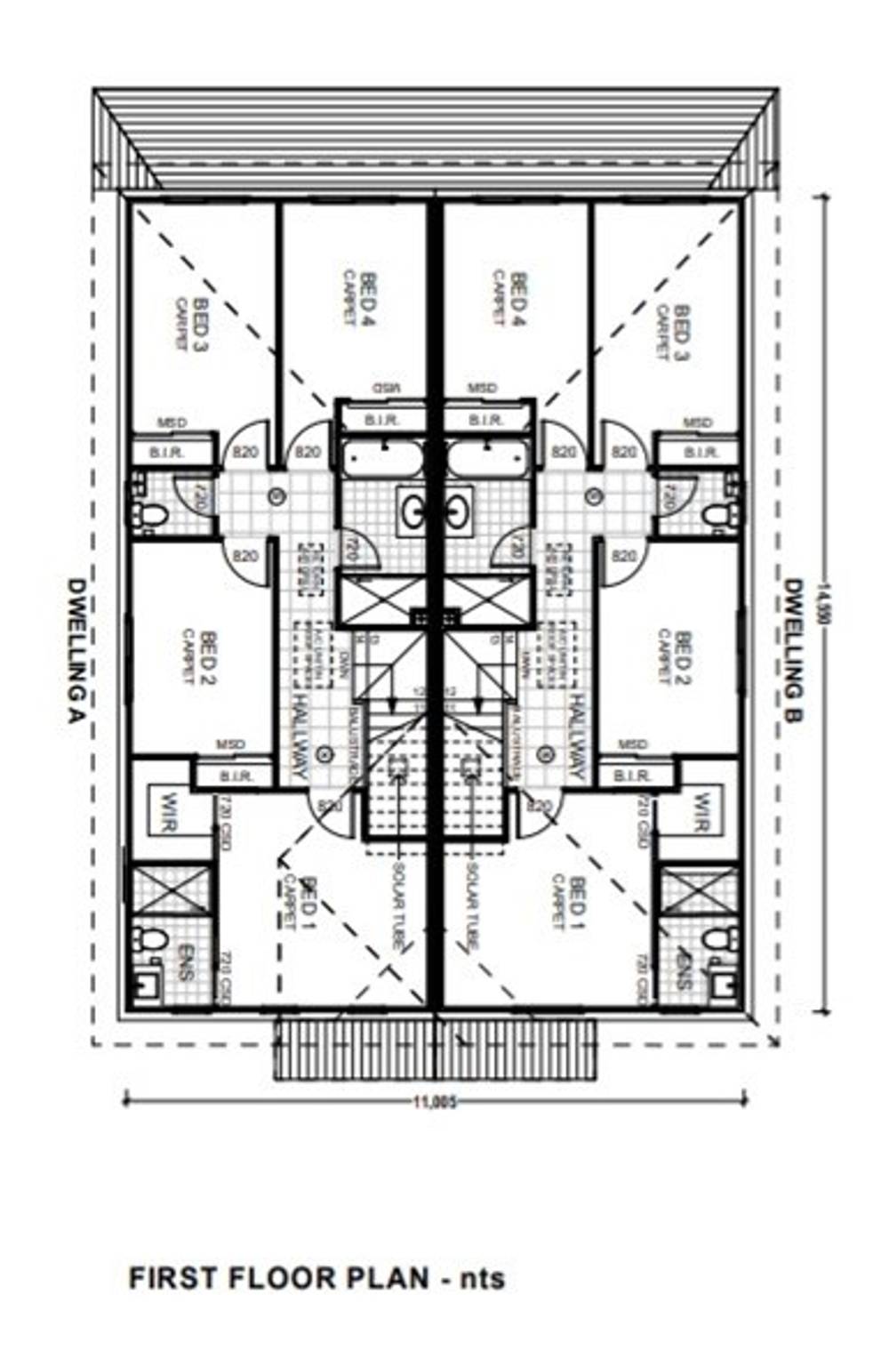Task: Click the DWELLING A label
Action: pyautogui.click(x=77, y=652)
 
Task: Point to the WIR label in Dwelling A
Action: pyautogui.click(x=167, y=811)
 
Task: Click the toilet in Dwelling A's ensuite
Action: pyautogui.click(x=151, y=938)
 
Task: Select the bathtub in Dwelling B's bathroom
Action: pyautogui.click(x=487, y=460)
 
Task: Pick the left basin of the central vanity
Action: pyautogui.click(x=412, y=511)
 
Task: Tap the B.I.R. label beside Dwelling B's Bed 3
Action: pyautogui.click(x=699, y=453)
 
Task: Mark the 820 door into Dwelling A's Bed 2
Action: pyautogui.click(x=245, y=557)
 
